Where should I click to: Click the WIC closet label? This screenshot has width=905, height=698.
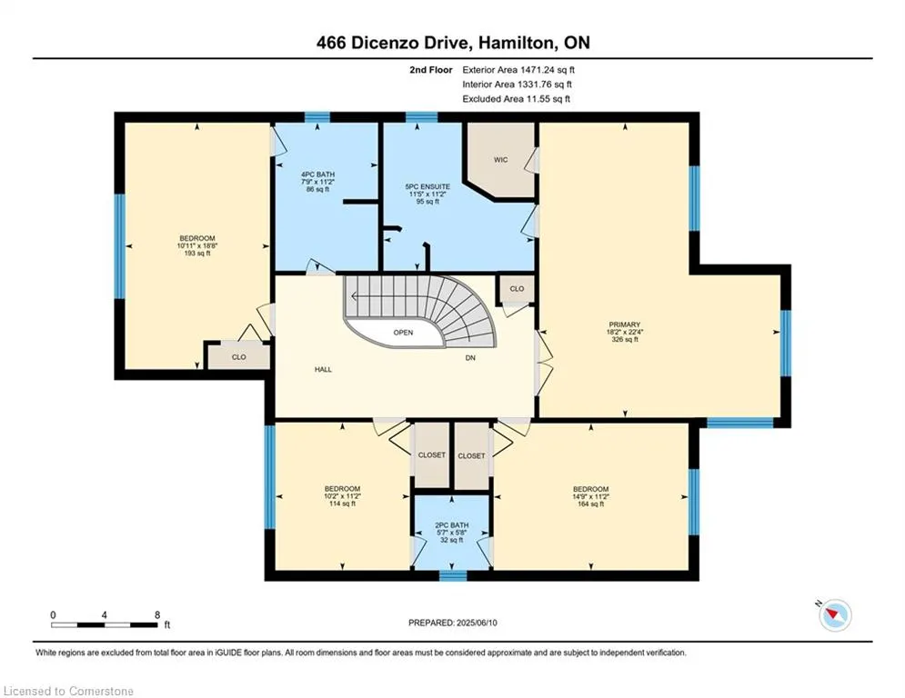click(x=500, y=160)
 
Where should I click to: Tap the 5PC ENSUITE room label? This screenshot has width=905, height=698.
click(x=427, y=187)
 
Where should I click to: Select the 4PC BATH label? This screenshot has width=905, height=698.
click(x=317, y=174)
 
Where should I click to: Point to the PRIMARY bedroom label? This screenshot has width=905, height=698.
click(x=625, y=324)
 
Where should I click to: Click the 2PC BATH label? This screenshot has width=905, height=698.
click(x=451, y=525)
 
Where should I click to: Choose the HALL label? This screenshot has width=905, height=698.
click(x=323, y=370)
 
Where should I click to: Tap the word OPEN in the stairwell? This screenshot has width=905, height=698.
click(x=404, y=333)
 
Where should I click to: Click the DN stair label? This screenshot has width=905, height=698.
click(x=470, y=358)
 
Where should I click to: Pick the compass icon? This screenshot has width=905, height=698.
click(x=835, y=614)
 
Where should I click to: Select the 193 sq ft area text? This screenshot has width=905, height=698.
click(x=196, y=254)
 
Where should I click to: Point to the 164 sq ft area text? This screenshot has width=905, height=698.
click(x=590, y=504)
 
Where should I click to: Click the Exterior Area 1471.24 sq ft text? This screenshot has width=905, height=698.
click(x=518, y=70)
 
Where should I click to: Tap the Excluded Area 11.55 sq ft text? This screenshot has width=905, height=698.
click(x=516, y=99)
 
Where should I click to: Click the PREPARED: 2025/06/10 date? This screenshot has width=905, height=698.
click(x=453, y=623)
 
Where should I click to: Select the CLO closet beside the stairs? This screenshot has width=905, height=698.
click(x=517, y=289)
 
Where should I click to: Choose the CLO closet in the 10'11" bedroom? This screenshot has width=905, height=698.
click(x=239, y=357)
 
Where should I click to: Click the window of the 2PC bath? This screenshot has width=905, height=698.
click(x=453, y=575)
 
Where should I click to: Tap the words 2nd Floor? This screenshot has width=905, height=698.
click(x=431, y=70)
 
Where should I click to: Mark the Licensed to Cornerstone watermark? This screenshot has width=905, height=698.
click(x=68, y=691)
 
